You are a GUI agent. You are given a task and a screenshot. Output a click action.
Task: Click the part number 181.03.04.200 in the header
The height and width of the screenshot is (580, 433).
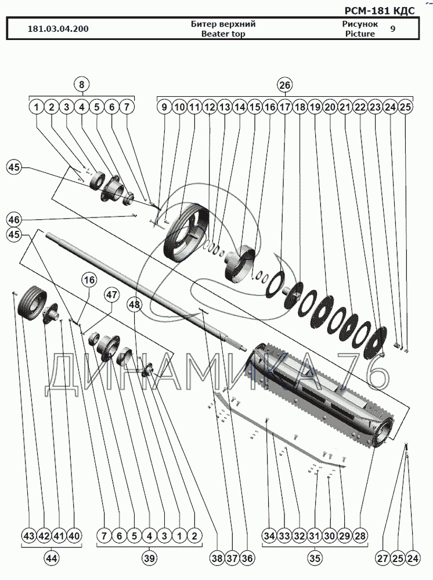pyautogui.click(x=58, y=29)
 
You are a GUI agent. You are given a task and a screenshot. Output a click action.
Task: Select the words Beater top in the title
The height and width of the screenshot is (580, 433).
pyautogui.click(x=223, y=34)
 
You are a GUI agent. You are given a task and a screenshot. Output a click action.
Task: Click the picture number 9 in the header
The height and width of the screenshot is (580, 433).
pyautogui.click(x=393, y=28)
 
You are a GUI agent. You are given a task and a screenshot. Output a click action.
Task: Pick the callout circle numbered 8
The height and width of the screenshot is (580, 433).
pyautogui.click(x=81, y=84)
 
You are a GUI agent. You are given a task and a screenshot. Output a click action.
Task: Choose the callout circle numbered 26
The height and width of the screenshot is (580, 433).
pyautogui.click(x=285, y=85)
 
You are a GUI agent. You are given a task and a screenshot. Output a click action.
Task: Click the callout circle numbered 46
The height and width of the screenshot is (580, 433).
pyautogui.click(x=14, y=220)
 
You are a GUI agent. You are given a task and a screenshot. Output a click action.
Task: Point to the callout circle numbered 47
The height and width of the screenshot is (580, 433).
pyautogui.click(x=112, y=295)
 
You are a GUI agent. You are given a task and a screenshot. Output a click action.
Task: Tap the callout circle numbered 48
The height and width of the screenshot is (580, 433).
pyautogui.click(x=134, y=304)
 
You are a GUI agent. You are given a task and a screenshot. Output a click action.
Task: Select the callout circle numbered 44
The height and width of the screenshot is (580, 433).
pyautogui.click(x=51, y=558)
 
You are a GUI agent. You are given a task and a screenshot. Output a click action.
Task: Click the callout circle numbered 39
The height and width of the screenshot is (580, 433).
pyautogui.click(x=149, y=558)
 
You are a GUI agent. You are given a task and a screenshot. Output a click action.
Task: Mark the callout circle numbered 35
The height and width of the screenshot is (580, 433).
pyautogui.click(x=315, y=558)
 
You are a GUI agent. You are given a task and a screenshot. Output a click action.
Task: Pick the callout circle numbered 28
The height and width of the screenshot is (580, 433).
pyautogui.click(x=360, y=535)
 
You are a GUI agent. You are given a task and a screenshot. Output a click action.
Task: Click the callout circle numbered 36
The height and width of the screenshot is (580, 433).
pyautogui.click(x=247, y=558)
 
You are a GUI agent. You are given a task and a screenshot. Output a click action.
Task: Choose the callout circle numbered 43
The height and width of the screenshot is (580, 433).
pyautogui.click(x=29, y=535)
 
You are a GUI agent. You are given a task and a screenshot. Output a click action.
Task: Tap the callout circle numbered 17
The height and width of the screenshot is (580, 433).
pyautogui.click(x=285, y=107)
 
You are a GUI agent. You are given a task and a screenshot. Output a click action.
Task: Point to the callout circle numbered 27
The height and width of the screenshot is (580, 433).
pyautogui.click(x=384, y=558)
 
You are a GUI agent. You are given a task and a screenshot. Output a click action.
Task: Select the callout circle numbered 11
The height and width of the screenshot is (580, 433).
pyautogui.click(x=194, y=107)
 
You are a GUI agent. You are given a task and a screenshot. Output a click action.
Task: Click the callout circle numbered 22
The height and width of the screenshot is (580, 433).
pyautogui.click(x=360, y=107)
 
